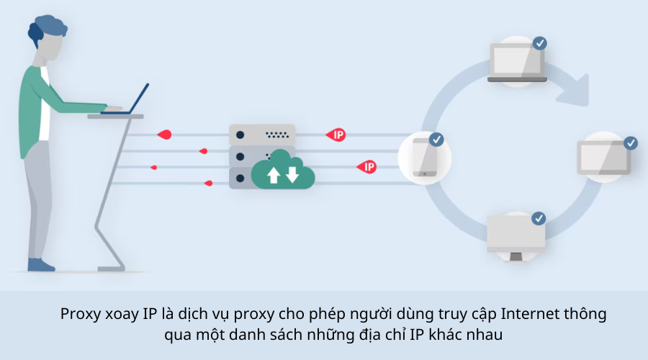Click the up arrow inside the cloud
(274, 175)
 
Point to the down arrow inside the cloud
(292, 174)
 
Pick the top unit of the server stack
(263, 135)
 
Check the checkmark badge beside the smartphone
(436, 139)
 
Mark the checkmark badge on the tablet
(631, 143)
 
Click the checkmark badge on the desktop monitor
(539, 217)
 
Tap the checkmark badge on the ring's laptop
(539, 43)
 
